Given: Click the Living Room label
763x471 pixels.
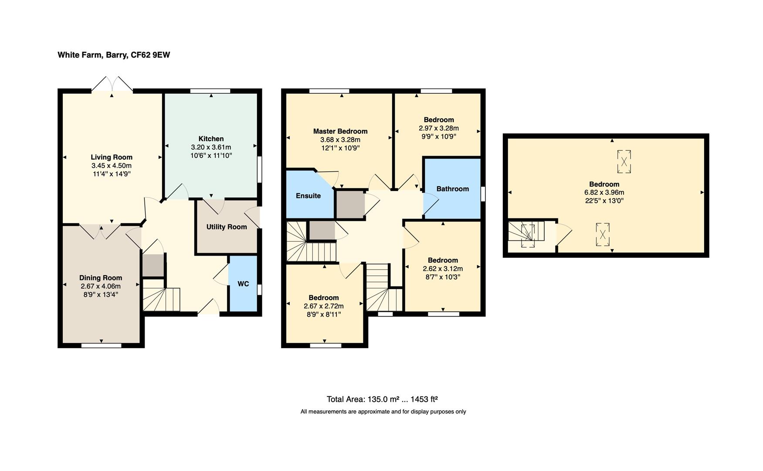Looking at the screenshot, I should click(x=112, y=157).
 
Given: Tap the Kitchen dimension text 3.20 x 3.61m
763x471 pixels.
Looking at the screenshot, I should click(x=211, y=147).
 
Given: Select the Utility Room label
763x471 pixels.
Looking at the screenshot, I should click(x=227, y=227).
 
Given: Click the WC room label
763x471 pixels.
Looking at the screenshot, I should click(x=243, y=284).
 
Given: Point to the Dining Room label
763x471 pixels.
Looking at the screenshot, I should click(x=101, y=278).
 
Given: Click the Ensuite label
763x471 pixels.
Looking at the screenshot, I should click(x=308, y=196).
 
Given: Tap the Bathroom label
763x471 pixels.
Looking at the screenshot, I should click(x=452, y=189).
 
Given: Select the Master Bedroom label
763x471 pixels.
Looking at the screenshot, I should click(x=340, y=131).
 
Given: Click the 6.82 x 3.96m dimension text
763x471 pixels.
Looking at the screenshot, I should click(x=604, y=192).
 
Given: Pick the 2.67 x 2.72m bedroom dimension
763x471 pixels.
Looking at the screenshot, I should click(x=324, y=306).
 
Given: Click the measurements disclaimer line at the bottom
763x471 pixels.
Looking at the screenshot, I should click(x=383, y=412).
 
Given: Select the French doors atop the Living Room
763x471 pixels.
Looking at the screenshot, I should click(x=112, y=85).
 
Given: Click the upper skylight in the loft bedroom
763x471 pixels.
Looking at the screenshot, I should click(x=624, y=161).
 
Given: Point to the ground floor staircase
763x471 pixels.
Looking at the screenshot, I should click(x=161, y=299).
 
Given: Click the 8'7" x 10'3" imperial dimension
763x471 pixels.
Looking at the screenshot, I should click(x=443, y=277).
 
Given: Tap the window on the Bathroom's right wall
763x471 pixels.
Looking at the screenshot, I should click(x=482, y=194).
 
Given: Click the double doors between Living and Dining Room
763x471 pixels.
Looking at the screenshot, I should click(x=100, y=231).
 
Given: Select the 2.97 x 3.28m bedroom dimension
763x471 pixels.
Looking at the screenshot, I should click(x=439, y=128).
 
